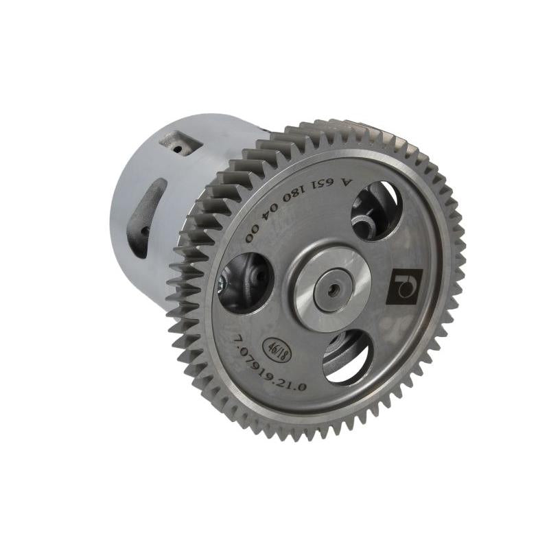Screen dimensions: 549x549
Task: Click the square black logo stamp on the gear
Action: (x=404, y=286)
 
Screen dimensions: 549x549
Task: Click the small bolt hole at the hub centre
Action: (x=332, y=290)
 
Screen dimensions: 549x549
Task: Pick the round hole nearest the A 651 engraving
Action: (x=375, y=209)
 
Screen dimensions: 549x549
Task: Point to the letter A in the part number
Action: (x=345, y=183)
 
